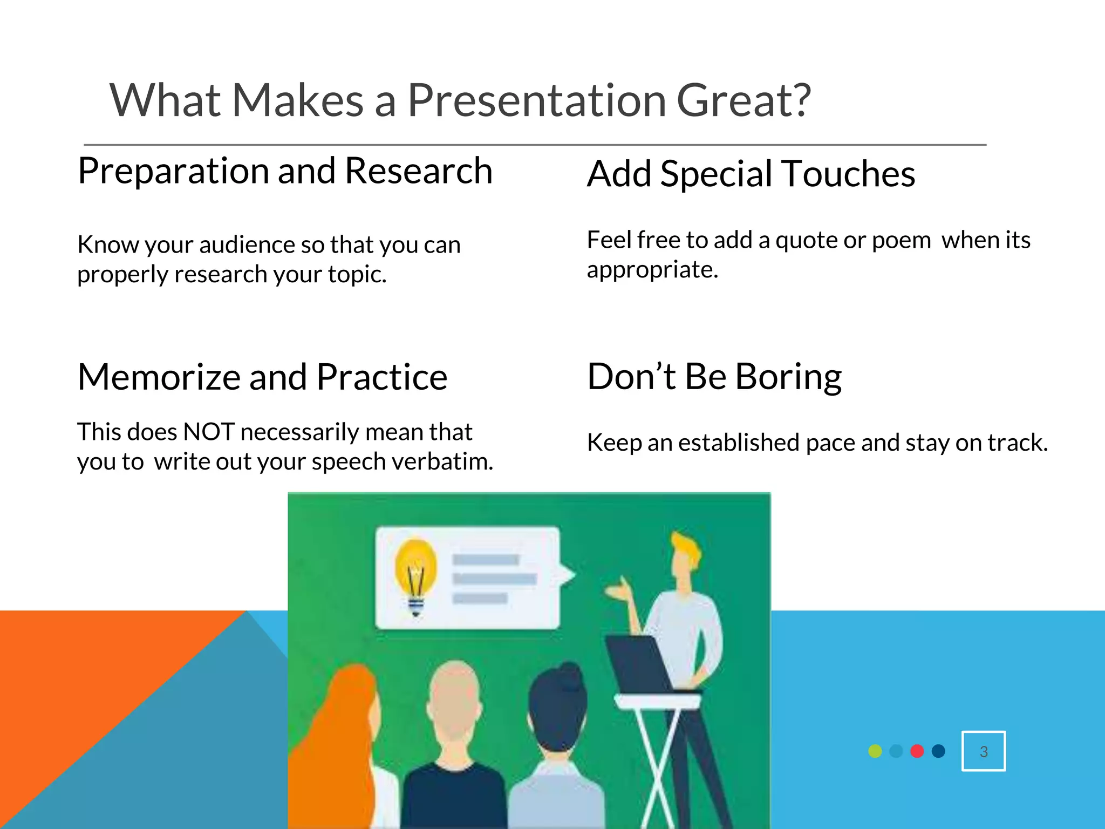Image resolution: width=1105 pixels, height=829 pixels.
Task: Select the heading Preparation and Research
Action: click(285, 171)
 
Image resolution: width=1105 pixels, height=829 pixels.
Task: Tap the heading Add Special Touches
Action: click(751, 174)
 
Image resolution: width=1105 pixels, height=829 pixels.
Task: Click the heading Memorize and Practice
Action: click(262, 377)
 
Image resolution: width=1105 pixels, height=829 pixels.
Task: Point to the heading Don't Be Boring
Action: click(714, 376)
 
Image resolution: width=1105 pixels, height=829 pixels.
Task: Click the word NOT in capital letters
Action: click(208, 432)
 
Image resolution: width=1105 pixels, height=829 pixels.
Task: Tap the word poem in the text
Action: click(901, 241)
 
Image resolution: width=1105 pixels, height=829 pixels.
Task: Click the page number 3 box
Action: click(983, 751)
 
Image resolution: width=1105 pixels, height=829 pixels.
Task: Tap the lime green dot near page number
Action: click(875, 751)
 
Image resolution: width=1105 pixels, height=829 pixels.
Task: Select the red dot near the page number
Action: click(917, 751)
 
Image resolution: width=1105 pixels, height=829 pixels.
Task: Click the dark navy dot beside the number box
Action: click(938, 751)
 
